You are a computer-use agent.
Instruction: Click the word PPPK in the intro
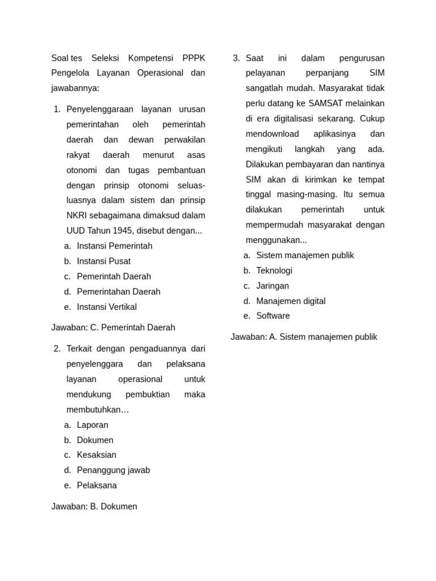pos(194,58)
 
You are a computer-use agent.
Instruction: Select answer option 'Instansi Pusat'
pos(103,261)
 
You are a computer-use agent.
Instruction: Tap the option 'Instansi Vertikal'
pos(107,307)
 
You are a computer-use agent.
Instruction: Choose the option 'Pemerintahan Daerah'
pos(119,292)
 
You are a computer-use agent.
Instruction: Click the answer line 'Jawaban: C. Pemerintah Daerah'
pos(113,327)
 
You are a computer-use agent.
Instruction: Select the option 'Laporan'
pos(93,425)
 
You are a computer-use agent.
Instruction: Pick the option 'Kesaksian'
pos(97,455)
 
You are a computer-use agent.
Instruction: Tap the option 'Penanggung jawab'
pos(114,470)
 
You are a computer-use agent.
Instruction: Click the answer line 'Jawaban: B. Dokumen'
pos(94,507)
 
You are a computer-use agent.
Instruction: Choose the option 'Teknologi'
pos(274,271)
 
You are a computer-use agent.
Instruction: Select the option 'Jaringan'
pos(272,286)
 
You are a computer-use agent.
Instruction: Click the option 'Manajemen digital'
pos(291,301)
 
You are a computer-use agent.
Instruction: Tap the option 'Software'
pos(273,316)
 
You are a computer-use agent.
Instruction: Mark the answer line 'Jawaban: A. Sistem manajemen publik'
pos(304,337)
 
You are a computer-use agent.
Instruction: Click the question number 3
pos(236,58)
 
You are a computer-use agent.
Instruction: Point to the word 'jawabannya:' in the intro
pos(75,88)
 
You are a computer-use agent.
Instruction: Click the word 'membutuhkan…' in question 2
pos(98,410)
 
